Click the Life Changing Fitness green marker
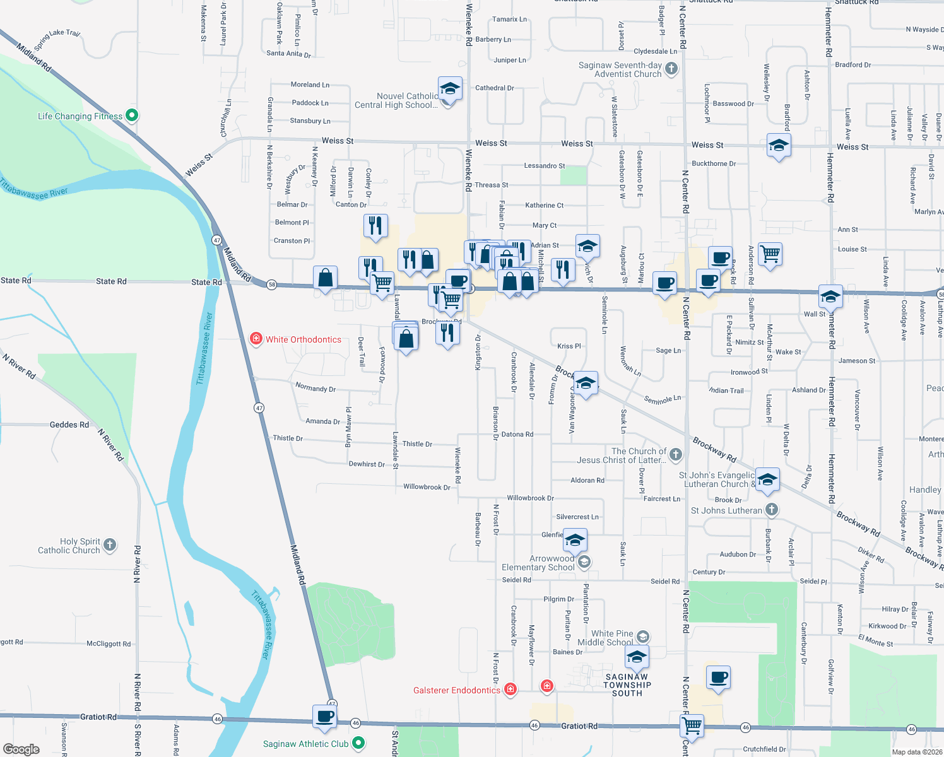(132, 115)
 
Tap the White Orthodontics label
(303, 339)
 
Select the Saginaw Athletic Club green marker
(358, 743)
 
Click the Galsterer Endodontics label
(456, 690)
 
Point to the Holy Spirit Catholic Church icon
(110, 545)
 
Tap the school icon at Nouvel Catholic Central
(449, 89)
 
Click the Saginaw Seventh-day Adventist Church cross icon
(671, 69)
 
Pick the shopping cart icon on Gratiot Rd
(692, 725)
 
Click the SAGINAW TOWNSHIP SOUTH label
(627, 685)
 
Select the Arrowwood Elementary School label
(538, 563)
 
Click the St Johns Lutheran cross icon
(771, 510)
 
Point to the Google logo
(21, 749)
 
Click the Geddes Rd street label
(69, 425)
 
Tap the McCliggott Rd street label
(109, 643)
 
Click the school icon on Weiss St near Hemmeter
(779, 146)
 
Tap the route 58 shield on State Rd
(271, 285)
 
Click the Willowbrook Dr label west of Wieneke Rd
(427, 487)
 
